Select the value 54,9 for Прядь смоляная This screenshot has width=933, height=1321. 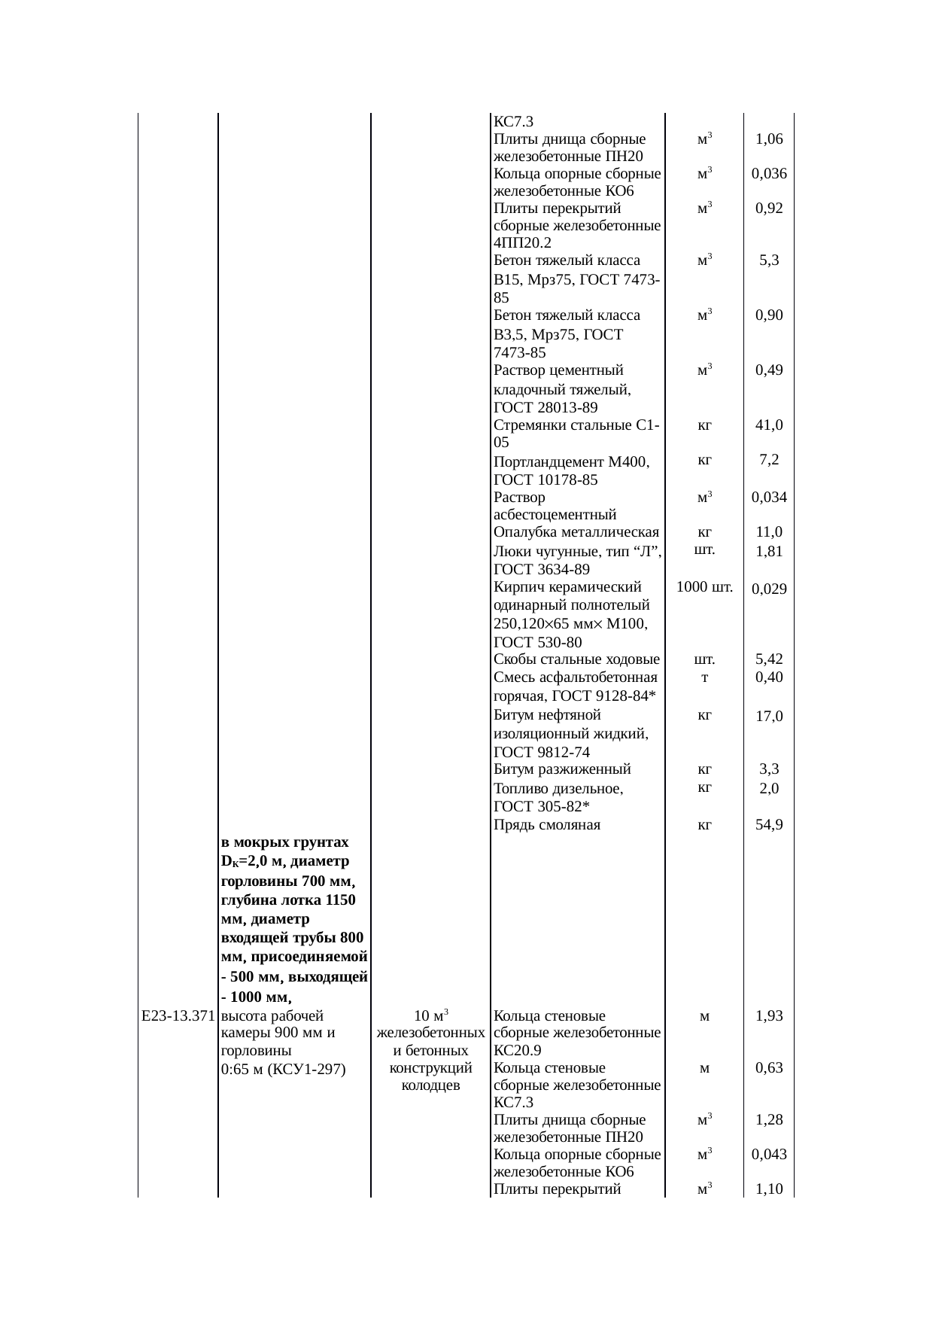point(769,825)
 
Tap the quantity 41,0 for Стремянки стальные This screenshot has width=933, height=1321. point(769,425)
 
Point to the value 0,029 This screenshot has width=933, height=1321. point(769,589)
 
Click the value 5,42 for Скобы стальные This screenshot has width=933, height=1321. point(769,659)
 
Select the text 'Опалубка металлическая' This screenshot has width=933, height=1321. point(576,533)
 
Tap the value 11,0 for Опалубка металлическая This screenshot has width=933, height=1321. point(769,533)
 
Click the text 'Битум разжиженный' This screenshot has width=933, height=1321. point(562,769)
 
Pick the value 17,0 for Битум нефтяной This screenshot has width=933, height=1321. point(769,717)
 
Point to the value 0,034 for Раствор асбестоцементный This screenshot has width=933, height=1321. point(769,498)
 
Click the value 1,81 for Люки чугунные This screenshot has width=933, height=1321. point(769,551)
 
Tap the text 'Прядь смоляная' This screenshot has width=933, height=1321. point(547,825)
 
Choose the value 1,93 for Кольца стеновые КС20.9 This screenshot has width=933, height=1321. point(769,1016)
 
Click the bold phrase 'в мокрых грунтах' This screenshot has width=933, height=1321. point(285,842)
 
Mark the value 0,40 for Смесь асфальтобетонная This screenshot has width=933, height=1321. point(769,677)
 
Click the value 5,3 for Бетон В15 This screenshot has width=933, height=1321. point(769,260)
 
